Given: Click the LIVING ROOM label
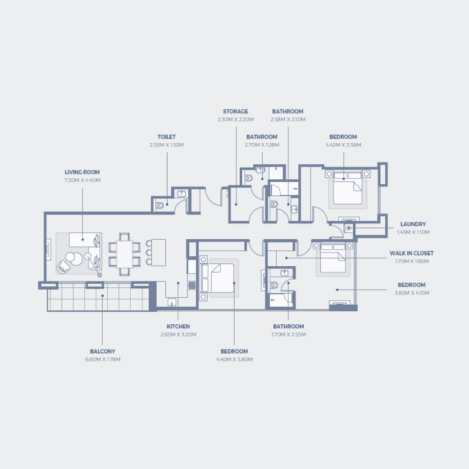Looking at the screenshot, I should [82, 172].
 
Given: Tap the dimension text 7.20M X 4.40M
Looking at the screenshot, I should [82, 180].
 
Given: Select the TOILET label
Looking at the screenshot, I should [166, 137].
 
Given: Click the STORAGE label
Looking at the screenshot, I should [235, 111].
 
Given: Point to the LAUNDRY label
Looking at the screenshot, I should [413, 224].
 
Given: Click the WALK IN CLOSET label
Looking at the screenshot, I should [412, 253].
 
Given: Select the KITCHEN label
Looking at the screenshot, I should [178, 327].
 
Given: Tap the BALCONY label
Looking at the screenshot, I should [102, 351].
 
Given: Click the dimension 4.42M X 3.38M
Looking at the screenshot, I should [343, 145].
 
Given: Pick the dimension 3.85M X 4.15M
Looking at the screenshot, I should [412, 293].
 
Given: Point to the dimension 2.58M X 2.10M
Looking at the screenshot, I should [287, 119].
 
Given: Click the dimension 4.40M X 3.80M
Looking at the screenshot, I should [234, 359].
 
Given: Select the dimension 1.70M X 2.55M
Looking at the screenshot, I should [288, 334].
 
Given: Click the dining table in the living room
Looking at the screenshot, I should [124, 253].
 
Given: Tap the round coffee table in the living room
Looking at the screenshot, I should [73, 257].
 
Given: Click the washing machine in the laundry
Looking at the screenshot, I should [349, 227].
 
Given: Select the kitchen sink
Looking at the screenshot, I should [172, 303].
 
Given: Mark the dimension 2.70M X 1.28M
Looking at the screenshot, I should [261, 145].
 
